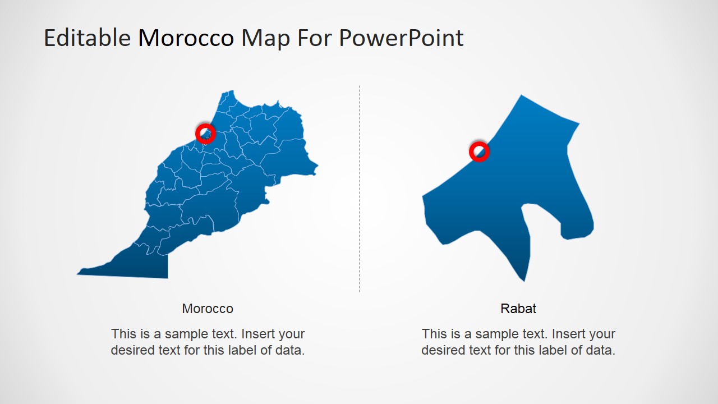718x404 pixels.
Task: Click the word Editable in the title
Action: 87,38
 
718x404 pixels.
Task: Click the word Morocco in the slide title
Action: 186,38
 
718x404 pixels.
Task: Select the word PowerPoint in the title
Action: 401,38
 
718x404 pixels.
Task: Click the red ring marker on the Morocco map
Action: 205,134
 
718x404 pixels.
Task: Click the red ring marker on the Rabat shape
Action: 479,151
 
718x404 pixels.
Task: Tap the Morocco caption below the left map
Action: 208,309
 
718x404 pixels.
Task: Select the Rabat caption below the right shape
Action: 518,309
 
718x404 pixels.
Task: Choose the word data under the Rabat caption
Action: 601,351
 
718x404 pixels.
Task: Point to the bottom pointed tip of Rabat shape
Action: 524,280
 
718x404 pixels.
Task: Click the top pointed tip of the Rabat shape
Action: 522,96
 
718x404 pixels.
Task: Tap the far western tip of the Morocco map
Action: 79,273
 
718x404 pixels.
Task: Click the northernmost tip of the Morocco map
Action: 231,91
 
